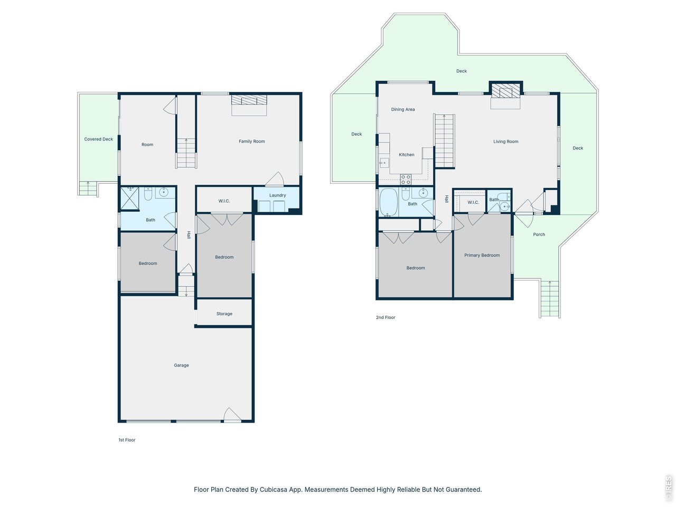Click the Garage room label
pyautogui.click(x=181, y=365)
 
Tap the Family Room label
pyautogui.click(x=251, y=142)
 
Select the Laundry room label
pyautogui.click(x=277, y=195)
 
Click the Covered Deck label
pyautogui.click(x=99, y=139)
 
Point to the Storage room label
pyautogui.click(x=224, y=314)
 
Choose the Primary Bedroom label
pyautogui.click(x=482, y=256)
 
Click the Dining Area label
pyautogui.click(x=402, y=110)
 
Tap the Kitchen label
pyautogui.click(x=406, y=155)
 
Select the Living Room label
pyautogui.click(x=505, y=142)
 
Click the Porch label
pyautogui.click(x=539, y=234)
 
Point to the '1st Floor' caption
pyautogui.click(x=127, y=440)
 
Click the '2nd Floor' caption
pyautogui.click(x=386, y=317)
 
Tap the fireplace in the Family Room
pyautogui.click(x=249, y=101)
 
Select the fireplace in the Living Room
pyautogui.click(x=505, y=92)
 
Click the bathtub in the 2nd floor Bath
pyautogui.click(x=388, y=202)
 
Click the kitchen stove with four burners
pyautogui.click(x=405, y=180)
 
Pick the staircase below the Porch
pyautogui.click(x=550, y=299)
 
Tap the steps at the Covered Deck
pyautogui.click(x=88, y=189)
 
